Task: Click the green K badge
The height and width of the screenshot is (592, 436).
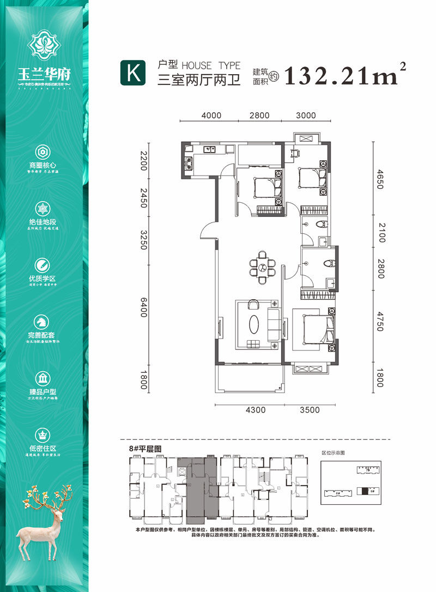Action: (x=132, y=73)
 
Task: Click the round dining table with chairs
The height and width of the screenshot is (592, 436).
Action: (x=263, y=267)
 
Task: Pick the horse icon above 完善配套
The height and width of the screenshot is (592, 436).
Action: (x=43, y=322)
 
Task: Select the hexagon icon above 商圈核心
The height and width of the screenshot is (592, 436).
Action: (x=43, y=152)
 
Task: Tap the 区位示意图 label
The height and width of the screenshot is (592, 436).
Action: (x=334, y=452)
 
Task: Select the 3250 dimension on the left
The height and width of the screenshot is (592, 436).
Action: (x=144, y=240)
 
